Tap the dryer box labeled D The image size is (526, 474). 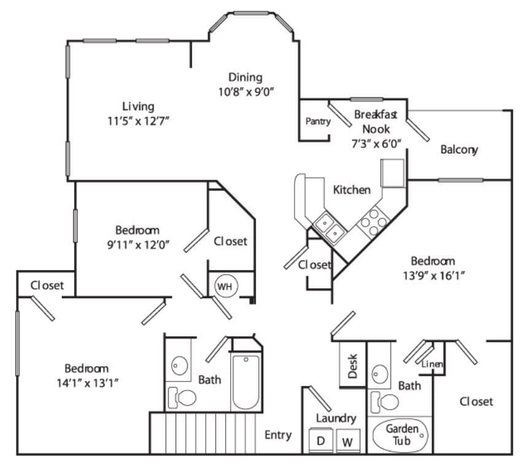click(x=320, y=440)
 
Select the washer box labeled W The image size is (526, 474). click(x=347, y=440)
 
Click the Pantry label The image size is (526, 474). click(x=318, y=121)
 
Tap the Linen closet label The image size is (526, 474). click(x=433, y=364)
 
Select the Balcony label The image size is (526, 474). click(x=459, y=150)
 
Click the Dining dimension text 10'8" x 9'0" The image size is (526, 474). click(x=246, y=91)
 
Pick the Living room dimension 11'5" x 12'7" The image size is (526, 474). click(x=137, y=120)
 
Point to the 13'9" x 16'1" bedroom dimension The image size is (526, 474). click(x=433, y=275)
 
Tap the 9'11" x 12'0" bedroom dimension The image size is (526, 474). click(x=137, y=245)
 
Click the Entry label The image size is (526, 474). click(x=277, y=435)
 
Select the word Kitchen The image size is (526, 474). click(x=352, y=189)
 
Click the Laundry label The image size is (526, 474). click(x=336, y=418)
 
